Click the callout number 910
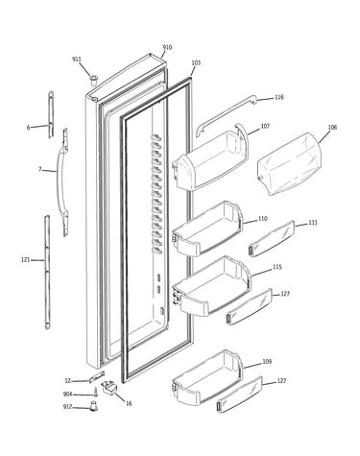[x=167, y=47]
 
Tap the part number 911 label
[x=77, y=60]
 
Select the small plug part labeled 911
[x=93, y=80]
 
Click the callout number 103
[x=196, y=62]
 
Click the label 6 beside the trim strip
[x=28, y=128]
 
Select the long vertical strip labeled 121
[x=47, y=273]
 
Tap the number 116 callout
[x=279, y=97]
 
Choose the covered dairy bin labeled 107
[x=210, y=158]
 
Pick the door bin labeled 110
[x=207, y=228]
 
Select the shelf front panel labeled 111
[x=272, y=238]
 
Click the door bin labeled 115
[x=211, y=286]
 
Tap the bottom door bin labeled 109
[x=207, y=376]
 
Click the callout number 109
[x=267, y=362]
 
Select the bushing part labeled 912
[x=93, y=406]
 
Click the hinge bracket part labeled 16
[x=109, y=388]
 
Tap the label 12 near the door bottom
[x=67, y=381]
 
